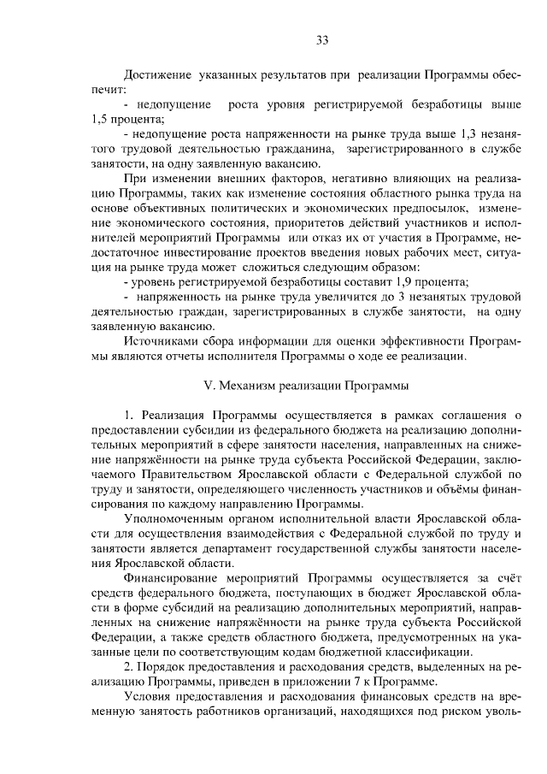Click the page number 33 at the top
pyautogui.click(x=322, y=40)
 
